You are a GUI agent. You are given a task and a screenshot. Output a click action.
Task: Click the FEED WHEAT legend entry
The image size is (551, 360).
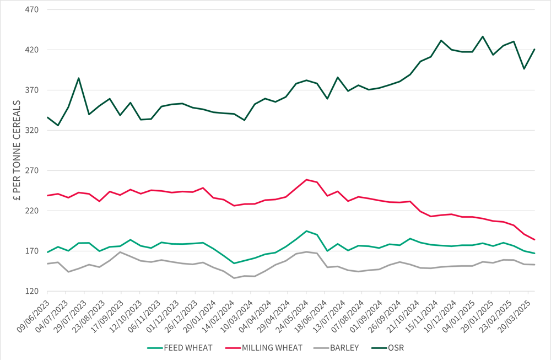tap(180, 348)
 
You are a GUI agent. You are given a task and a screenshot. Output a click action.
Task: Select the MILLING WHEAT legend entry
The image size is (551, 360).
tap(263, 348)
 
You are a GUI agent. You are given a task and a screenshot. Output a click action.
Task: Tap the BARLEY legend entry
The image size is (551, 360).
tap(336, 348)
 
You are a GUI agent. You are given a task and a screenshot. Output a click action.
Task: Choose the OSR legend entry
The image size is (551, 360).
tap(388, 348)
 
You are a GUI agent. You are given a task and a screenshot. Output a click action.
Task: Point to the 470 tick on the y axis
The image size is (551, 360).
tap(31, 9)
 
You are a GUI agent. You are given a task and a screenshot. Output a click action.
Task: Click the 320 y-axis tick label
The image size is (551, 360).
tap(31, 131)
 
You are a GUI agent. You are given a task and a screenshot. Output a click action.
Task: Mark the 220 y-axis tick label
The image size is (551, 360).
tap(31, 211)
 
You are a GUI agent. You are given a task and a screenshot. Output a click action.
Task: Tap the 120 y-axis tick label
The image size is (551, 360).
tap(31, 292)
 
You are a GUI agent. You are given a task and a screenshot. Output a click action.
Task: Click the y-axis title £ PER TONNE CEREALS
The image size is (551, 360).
tap(17, 151)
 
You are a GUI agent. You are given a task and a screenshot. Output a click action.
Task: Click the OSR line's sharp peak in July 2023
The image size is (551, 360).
tap(79, 78)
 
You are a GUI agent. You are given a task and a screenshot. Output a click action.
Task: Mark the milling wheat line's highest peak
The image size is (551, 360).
tap(307, 180)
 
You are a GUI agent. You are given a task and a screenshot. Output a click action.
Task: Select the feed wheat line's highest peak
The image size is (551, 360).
tap(307, 231)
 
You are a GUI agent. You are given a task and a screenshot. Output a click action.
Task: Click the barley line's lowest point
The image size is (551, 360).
tap(234, 278)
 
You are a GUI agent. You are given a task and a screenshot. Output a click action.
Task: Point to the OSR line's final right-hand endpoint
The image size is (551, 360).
tap(534, 49)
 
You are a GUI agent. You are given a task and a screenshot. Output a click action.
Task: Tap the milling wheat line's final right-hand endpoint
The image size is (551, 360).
tap(534, 240)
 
